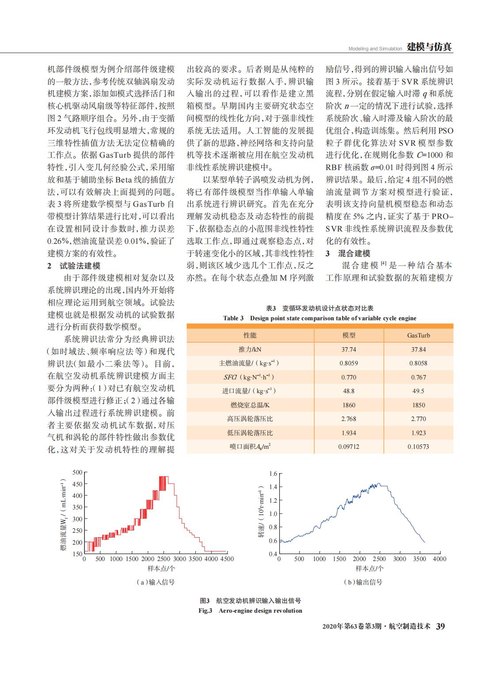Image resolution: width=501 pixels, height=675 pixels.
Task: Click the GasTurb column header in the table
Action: pyautogui.click(x=418, y=335)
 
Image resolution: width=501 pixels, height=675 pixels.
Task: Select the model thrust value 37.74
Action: pyautogui.click(x=349, y=349)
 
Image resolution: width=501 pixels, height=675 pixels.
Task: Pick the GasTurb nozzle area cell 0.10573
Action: pyautogui.click(x=418, y=447)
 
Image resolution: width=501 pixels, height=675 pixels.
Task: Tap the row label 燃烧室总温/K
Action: pyautogui.click(x=250, y=405)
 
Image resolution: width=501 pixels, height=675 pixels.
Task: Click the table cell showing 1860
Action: pyautogui.click(x=349, y=405)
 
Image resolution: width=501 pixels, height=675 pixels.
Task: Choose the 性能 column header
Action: pyautogui.click(x=250, y=335)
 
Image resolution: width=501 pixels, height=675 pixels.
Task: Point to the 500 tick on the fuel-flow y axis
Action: pyautogui.click(x=77, y=472)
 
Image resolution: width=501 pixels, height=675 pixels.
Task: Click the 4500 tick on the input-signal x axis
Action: pyautogui.click(x=227, y=559)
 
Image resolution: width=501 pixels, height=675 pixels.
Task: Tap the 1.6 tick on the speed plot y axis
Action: pyautogui.click(x=273, y=474)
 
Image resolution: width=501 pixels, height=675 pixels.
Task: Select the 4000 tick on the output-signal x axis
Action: pyautogui.click(x=440, y=559)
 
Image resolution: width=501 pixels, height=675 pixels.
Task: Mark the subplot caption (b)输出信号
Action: pyautogui.click(x=363, y=582)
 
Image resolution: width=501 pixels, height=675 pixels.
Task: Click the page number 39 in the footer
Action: pyautogui.click(x=440, y=626)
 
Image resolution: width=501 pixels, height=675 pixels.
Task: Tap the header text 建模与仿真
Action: pyautogui.click(x=429, y=47)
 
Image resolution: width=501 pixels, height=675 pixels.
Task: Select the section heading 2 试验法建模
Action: pyautogui.click(x=74, y=266)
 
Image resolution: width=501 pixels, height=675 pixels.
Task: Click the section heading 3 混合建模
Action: pyautogui.click(x=348, y=254)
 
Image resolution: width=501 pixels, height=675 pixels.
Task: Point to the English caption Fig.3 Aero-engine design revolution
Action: pyautogui.click(x=250, y=611)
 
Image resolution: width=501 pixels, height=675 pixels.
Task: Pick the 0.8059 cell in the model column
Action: pyautogui.click(x=349, y=363)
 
